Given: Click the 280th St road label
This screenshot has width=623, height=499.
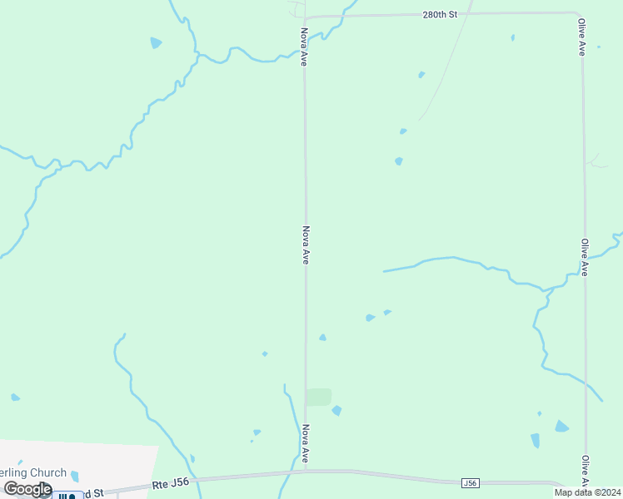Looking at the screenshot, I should pos(441,15).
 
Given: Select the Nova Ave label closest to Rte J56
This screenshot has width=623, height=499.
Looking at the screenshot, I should pos(306,444).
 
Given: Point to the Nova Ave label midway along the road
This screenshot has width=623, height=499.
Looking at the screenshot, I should pos(306,245).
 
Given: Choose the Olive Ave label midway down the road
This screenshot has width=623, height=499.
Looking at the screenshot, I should pos(585,257).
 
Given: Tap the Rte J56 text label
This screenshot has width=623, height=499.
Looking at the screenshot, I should pos(171,483).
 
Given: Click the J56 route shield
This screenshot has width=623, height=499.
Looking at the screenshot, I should pos(471,482).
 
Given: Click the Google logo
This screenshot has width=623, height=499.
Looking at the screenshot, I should pos(27,489).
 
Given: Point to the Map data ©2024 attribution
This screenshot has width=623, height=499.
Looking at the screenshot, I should pos(587,492).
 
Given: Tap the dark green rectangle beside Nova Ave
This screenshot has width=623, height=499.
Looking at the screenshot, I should pos(318,397).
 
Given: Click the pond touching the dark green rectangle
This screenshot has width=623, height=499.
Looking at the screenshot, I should pos(336,411).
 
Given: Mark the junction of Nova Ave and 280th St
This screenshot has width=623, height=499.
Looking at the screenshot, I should pos(304,17).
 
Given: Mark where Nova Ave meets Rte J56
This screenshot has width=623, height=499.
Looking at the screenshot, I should pos(306,471).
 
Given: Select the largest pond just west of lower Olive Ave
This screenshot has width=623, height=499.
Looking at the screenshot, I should pos(561,427).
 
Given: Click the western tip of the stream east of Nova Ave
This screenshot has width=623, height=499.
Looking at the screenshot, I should pos(384,271).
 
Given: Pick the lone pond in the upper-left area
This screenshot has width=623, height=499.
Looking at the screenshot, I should pos(156,42).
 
